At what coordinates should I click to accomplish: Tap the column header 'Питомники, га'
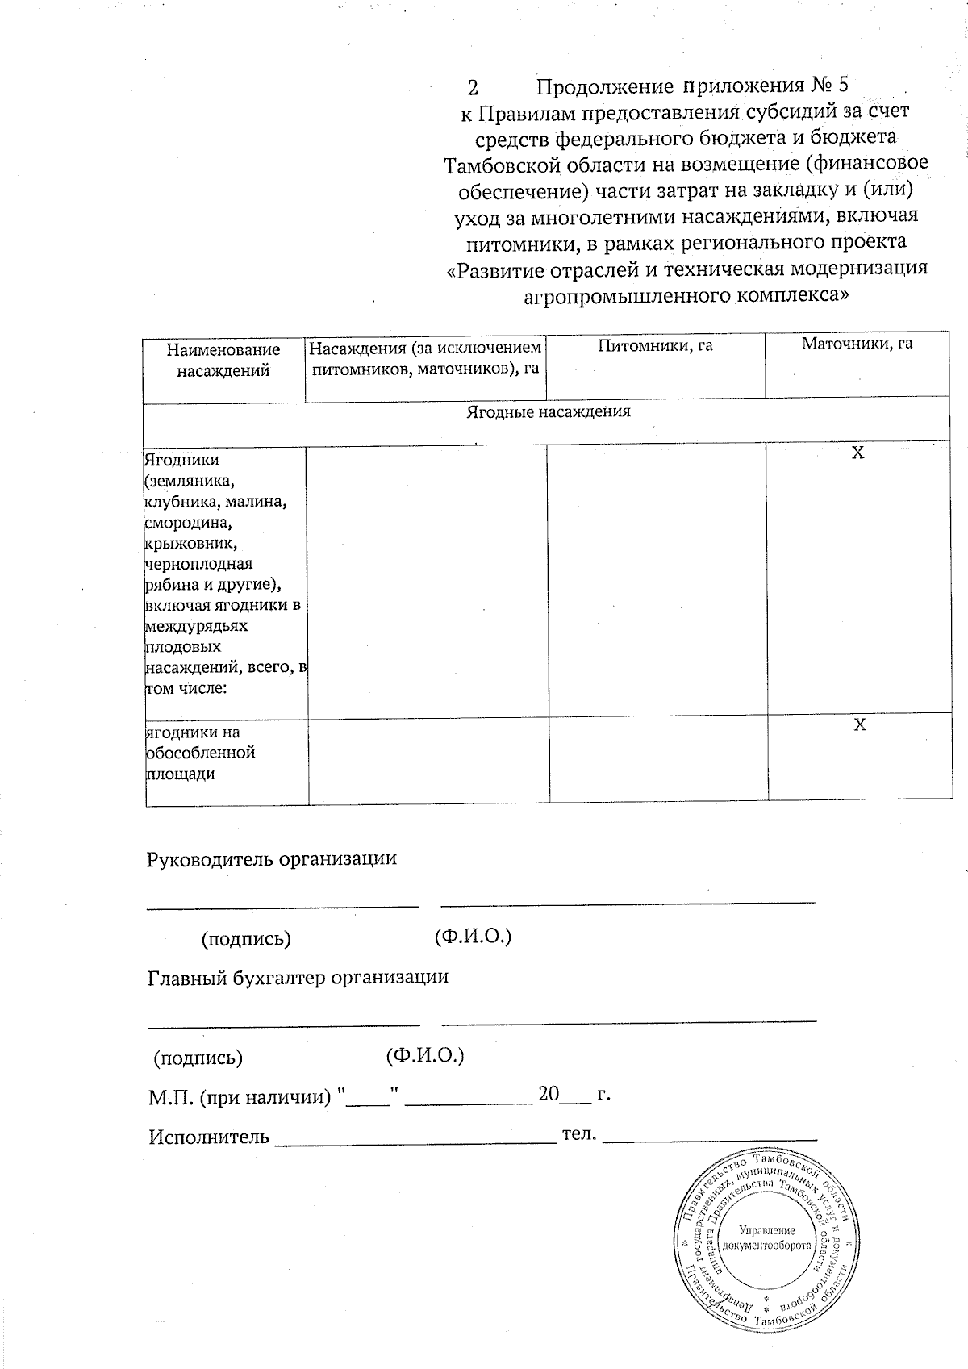(655, 346)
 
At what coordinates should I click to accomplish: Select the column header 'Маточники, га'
(857, 344)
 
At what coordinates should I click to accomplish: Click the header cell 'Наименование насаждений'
(223, 360)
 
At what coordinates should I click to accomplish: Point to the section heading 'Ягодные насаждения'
(549, 411)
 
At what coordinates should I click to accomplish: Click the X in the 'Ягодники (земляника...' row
(858, 453)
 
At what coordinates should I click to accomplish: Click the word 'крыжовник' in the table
(183, 543)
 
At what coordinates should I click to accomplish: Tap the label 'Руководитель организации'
(271, 858)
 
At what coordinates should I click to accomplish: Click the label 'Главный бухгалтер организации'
(298, 977)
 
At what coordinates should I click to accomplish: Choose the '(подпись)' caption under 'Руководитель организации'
(246, 938)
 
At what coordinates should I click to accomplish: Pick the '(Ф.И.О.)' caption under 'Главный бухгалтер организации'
(424, 1055)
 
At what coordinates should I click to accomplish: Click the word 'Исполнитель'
(209, 1137)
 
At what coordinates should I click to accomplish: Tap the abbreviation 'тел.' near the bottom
(578, 1134)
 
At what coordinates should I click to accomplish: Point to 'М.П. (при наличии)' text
(240, 1097)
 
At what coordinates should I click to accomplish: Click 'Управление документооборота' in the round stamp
(766, 1238)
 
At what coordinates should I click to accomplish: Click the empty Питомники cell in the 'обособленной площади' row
(657, 758)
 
